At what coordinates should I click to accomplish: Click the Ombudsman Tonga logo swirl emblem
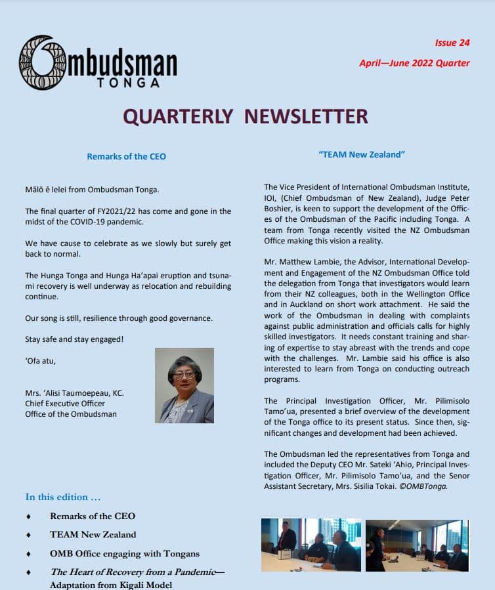(x=42, y=62)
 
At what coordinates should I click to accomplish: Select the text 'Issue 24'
(x=452, y=43)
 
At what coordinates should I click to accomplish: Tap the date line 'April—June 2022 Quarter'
(x=414, y=64)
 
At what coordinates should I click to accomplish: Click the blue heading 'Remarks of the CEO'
(x=126, y=156)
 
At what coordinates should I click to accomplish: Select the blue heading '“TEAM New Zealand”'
(x=361, y=154)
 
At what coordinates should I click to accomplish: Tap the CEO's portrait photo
(x=184, y=385)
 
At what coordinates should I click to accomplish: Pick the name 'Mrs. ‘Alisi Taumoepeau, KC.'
(x=74, y=393)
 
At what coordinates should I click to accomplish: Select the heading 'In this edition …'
(x=63, y=497)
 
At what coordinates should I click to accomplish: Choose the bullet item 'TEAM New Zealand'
(x=93, y=534)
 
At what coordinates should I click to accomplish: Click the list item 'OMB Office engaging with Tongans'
(x=125, y=553)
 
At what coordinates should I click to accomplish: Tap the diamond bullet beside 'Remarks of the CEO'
(x=30, y=516)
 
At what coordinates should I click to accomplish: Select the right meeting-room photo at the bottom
(x=417, y=545)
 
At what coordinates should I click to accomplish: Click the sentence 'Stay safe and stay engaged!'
(x=74, y=339)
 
